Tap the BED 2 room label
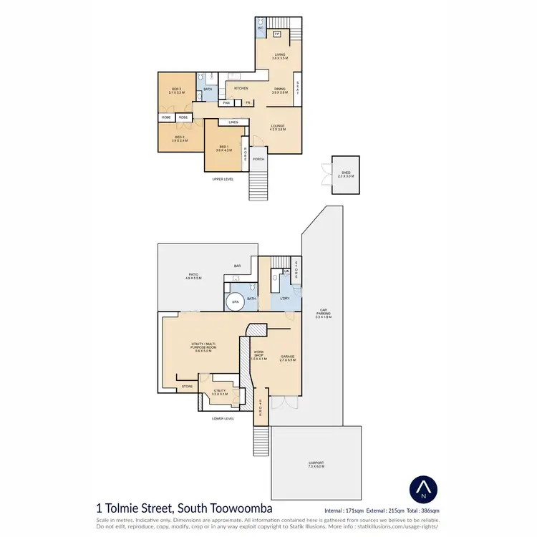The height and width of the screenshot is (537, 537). [179, 137]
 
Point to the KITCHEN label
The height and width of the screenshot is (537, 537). [241, 88]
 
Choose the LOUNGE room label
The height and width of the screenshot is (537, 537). [278, 127]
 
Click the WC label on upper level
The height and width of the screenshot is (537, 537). [261, 28]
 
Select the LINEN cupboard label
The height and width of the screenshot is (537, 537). [233, 122]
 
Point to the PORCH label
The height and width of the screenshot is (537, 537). [258, 159]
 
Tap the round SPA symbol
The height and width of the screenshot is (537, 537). [235, 303]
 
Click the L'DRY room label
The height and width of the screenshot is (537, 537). [284, 297]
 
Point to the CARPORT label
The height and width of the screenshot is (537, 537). [316, 465]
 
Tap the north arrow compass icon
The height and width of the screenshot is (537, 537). [423, 490]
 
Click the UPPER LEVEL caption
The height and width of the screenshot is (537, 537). [223, 179]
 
